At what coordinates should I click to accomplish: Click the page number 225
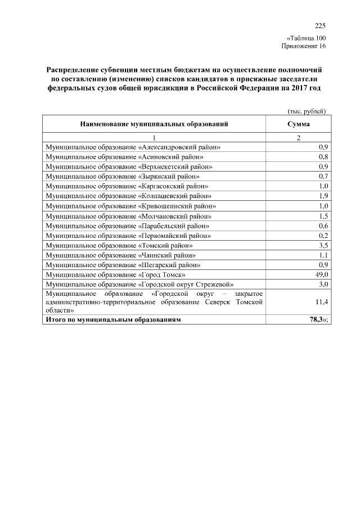320,25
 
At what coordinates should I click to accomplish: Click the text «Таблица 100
306,38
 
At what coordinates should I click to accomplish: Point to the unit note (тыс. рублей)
307,111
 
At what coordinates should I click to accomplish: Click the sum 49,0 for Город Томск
321,274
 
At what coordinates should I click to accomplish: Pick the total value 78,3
319,319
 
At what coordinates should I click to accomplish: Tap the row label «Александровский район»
133,147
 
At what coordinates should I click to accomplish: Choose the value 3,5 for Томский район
323,245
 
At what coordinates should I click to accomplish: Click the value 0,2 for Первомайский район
323,236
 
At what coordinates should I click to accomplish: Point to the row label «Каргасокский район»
127,186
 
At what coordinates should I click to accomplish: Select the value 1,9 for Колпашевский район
323,196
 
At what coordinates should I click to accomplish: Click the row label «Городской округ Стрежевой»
140,285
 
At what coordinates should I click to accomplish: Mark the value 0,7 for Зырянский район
323,176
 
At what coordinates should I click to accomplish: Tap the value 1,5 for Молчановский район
323,216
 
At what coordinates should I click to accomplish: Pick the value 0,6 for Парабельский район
323,226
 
